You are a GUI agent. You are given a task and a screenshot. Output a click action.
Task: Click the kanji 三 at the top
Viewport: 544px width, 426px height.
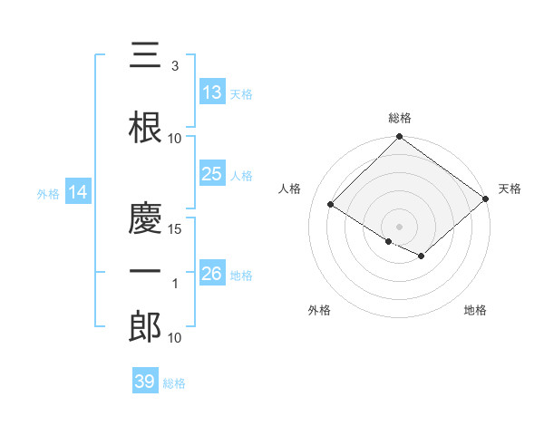click(x=145, y=56)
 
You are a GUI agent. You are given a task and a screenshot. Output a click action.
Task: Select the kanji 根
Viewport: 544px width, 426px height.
click(x=145, y=128)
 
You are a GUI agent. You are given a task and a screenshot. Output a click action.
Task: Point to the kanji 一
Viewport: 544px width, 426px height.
click(x=145, y=273)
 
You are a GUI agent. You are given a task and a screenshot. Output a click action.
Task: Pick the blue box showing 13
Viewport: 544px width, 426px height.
click(x=212, y=92)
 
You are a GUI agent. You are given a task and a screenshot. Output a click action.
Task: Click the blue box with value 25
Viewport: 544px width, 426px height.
click(x=212, y=174)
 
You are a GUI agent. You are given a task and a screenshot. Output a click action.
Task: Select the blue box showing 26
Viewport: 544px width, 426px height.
click(x=212, y=274)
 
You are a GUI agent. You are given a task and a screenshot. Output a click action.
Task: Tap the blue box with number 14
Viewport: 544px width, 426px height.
click(x=77, y=192)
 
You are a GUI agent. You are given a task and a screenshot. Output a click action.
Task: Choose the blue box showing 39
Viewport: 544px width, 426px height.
click(x=144, y=382)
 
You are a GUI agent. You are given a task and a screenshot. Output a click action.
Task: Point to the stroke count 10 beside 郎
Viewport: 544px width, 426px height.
click(x=175, y=338)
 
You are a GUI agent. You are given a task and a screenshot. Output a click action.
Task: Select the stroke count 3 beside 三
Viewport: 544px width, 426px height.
click(x=175, y=66)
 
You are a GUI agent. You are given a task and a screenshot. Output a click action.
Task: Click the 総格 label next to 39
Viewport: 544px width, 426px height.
click(x=174, y=383)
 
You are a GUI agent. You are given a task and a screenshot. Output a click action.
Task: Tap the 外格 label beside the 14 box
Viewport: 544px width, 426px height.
click(x=47, y=193)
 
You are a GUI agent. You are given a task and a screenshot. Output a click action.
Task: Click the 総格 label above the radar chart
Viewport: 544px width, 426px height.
click(x=399, y=118)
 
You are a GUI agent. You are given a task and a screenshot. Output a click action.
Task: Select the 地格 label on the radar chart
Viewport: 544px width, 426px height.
click(x=475, y=310)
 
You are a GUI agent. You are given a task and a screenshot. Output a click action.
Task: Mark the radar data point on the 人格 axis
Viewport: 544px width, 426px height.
click(x=331, y=204)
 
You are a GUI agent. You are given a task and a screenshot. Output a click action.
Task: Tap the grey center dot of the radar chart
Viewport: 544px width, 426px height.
click(x=399, y=226)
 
